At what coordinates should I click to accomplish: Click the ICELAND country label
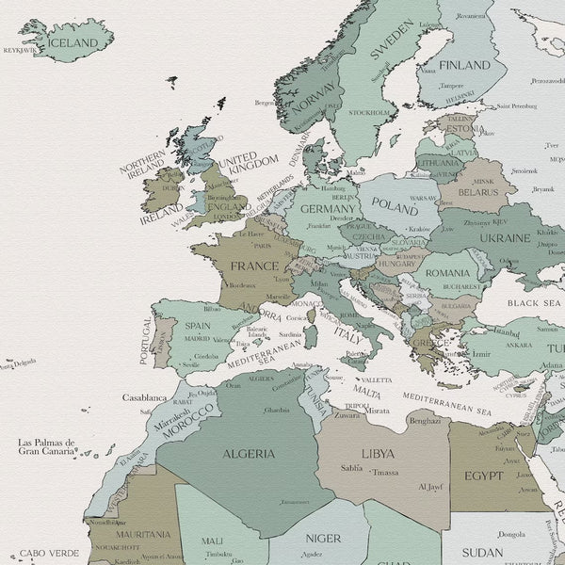coord(73,43)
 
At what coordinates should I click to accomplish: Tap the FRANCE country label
coord(253,266)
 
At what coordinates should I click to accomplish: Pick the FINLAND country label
coord(465,65)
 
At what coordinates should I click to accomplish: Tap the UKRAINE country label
coord(505,238)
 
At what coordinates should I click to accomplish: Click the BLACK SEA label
coord(534,303)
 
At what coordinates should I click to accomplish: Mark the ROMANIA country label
coord(447,271)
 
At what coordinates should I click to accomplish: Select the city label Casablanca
coord(144,398)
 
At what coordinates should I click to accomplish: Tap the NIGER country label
coord(323,538)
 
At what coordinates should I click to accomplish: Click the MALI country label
coord(213,541)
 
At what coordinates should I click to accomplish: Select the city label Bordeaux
coord(242,284)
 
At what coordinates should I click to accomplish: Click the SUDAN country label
coord(483,552)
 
